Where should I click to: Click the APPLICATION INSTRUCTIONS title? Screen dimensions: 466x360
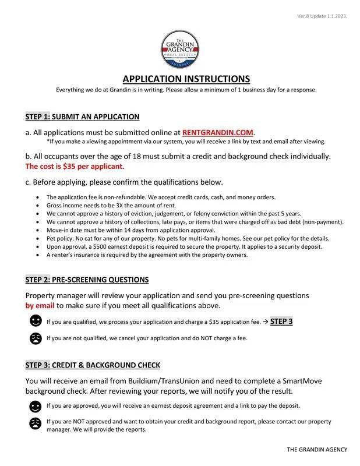point(186,79)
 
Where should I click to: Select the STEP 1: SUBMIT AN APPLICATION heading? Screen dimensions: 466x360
point(83,116)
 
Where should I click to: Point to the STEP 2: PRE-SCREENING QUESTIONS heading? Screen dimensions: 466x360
point(87,280)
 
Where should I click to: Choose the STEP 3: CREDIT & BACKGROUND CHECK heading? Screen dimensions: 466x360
point(93,365)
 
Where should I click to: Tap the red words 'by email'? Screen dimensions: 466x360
point(40,305)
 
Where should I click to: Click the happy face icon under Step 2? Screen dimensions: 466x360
point(36,321)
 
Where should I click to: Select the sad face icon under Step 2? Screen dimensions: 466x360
point(36,338)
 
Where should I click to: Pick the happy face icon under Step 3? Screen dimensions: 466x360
point(36,406)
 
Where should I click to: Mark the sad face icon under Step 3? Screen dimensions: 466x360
point(36,423)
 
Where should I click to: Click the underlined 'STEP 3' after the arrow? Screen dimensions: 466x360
point(281,321)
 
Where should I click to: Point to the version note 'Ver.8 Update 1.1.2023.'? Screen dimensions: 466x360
point(322,16)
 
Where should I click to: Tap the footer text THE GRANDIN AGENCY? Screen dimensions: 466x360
point(317,449)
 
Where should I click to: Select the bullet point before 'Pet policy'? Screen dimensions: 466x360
point(38,239)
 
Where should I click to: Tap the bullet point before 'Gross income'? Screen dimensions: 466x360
point(38,206)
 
